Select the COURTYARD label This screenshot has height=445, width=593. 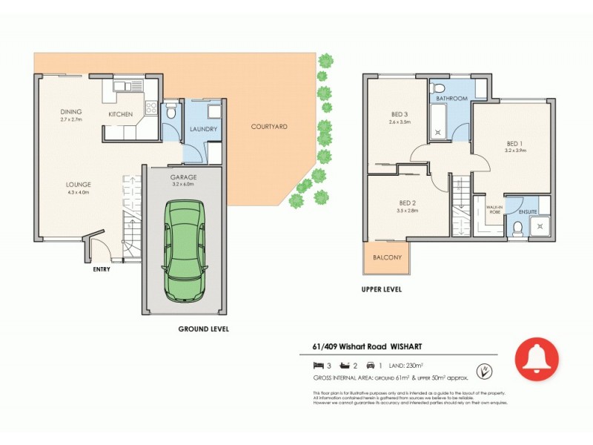tap(268, 127)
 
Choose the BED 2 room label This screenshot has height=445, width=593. tap(407, 202)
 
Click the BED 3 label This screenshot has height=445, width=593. tap(400, 114)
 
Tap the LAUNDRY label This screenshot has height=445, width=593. tap(203, 129)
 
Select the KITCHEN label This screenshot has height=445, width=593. tap(120, 114)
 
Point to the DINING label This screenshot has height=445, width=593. tap(71, 112)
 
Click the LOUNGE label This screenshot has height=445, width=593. tap(77, 185)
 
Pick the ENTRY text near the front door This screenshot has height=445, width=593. tap(101, 269)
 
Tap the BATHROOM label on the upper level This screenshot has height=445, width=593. tap(451, 99)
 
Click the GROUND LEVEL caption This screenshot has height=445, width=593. tap(204, 329)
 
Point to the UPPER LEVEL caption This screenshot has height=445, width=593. tap(381, 289)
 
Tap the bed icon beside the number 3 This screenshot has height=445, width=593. tap(318, 365)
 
